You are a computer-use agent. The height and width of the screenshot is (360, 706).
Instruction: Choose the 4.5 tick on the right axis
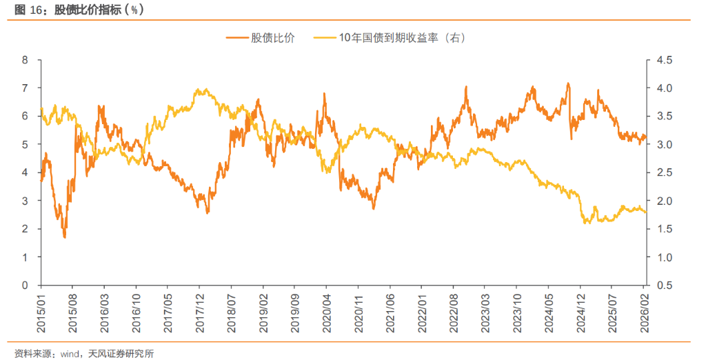664,60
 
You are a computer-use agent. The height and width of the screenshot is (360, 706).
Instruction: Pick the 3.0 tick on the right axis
664,145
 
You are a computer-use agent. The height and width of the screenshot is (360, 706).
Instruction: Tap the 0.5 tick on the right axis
664,286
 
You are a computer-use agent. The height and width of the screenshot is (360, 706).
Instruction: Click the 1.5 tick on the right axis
664,229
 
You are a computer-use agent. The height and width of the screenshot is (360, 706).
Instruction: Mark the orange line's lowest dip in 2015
65,237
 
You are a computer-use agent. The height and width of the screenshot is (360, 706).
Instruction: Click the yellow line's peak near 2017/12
199,90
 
